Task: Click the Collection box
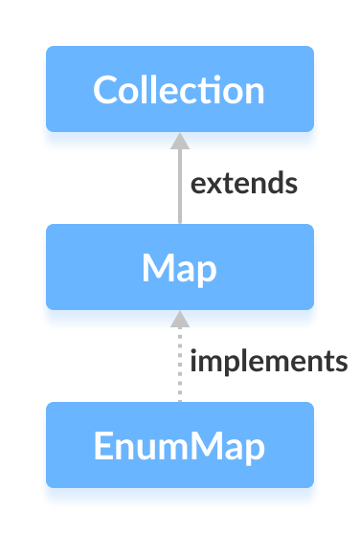point(179,89)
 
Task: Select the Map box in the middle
point(179,267)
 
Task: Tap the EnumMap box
point(179,445)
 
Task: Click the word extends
point(243,183)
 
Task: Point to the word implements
point(268,362)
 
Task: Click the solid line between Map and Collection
point(179,191)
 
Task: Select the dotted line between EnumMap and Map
point(179,368)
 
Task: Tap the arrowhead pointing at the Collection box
point(179,141)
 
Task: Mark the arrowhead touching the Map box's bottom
point(179,319)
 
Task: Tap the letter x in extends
point(214,184)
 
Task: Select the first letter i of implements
point(193,361)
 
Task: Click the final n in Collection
point(253,92)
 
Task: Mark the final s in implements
point(340,363)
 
